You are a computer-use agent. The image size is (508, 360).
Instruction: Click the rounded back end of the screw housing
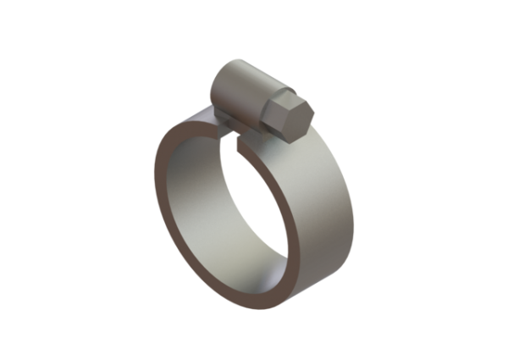point(218,85)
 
